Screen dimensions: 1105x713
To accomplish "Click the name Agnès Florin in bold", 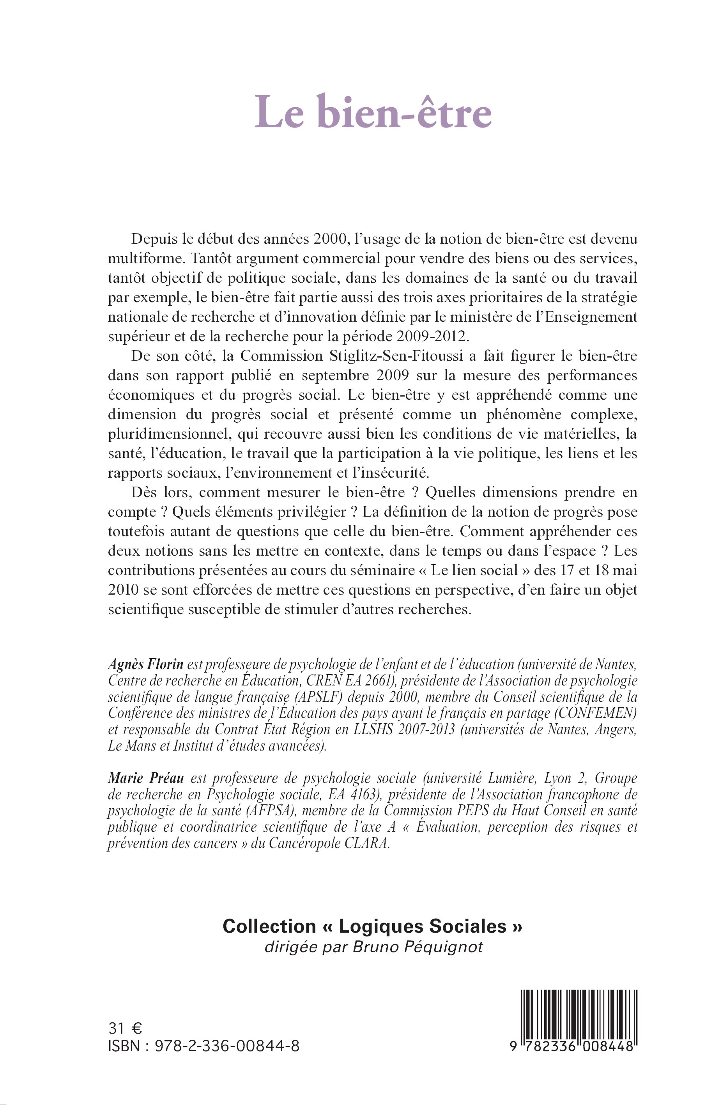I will pyautogui.click(x=146, y=664).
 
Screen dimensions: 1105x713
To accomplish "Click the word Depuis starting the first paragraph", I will pyautogui.click(x=153, y=239).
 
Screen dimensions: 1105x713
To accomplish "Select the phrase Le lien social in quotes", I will pyautogui.click(x=474, y=570).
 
